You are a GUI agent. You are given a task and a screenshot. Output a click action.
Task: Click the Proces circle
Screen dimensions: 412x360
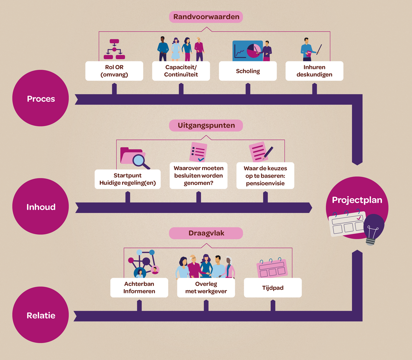tap(41, 98)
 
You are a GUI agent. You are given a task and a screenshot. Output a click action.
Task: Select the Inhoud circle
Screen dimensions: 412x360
tap(41, 206)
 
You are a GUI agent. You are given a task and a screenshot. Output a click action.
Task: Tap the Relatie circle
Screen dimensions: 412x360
tap(41, 315)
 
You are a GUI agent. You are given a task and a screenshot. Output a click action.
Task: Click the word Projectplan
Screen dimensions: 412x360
tap(357, 200)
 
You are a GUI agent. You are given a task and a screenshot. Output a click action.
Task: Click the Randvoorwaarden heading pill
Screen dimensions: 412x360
tap(206, 17)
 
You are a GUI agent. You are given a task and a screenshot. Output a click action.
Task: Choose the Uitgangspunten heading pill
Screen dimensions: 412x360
tap(206, 125)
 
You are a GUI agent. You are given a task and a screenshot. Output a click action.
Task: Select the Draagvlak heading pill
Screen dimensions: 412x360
tap(206, 233)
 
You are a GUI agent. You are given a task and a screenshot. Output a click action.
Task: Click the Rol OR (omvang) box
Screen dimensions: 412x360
tap(114, 71)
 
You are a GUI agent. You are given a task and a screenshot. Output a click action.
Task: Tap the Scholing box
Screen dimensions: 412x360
tap(248, 71)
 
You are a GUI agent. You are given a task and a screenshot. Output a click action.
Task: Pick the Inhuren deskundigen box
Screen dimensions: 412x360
tap(314, 71)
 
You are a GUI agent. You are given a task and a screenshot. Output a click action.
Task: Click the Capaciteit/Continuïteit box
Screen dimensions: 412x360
tap(181, 71)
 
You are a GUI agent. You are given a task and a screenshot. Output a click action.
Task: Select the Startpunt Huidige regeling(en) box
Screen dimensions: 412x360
tap(128, 179)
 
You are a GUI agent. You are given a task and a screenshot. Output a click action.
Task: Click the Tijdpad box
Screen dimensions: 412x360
tap(273, 288)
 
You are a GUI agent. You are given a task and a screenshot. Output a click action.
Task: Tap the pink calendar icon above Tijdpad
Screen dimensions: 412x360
tap(272, 267)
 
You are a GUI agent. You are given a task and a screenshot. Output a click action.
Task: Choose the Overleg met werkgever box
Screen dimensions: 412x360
tap(206, 288)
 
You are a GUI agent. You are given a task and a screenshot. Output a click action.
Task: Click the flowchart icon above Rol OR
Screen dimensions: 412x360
tap(114, 49)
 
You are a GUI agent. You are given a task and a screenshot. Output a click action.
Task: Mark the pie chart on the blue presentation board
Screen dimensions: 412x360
tap(254, 51)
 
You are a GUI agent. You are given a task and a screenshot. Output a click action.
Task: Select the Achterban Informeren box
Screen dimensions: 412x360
tap(139, 288)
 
